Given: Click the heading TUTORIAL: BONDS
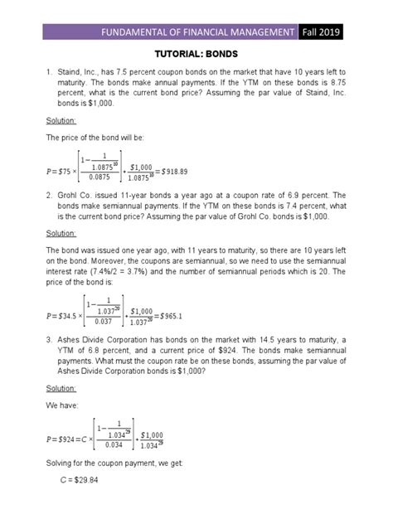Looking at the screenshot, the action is (197, 55).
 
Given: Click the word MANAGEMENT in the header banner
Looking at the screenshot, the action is (260, 32).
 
